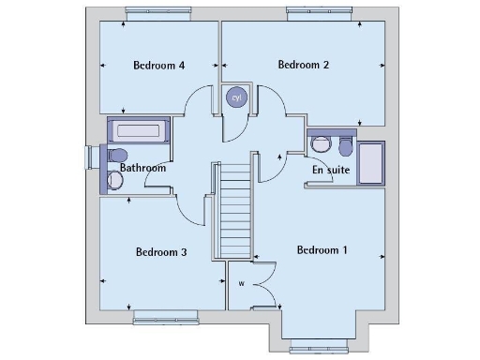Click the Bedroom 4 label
158,66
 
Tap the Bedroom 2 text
304,65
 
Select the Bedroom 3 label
161,252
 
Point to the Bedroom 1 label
322,249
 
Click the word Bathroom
142,169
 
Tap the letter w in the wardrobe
241,283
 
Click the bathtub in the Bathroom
138,130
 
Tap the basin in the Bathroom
116,181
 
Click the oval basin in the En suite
322,144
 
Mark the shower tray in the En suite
372,163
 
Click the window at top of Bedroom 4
158,13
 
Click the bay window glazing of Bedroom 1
322,347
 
